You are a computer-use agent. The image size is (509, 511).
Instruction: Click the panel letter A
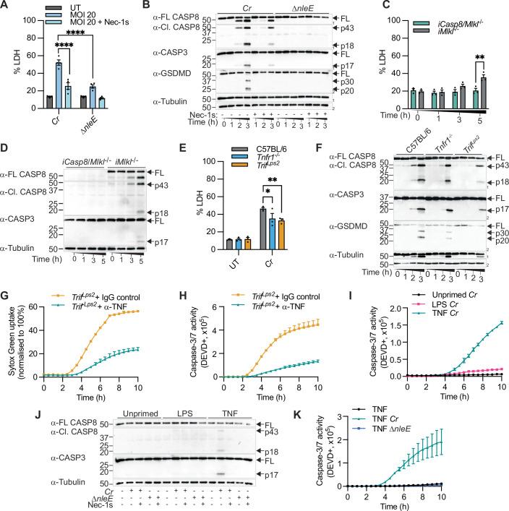[x=5, y=6]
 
